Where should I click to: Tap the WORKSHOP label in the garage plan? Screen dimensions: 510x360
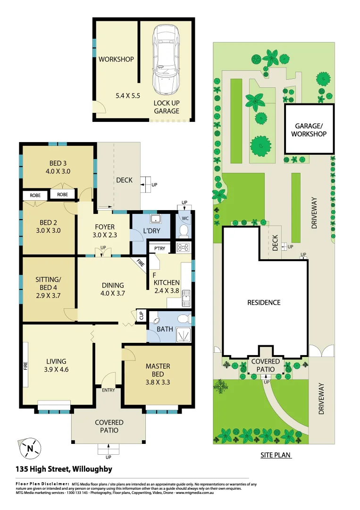[116, 59]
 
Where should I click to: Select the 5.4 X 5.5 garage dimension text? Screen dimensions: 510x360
[128, 95]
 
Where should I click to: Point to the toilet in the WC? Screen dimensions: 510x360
[185, 230]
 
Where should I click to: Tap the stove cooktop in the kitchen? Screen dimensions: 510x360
[183, 246]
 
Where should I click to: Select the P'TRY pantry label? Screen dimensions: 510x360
[156, 248]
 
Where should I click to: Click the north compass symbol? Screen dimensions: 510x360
[30, 448]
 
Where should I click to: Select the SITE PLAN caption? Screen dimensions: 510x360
[276, 455]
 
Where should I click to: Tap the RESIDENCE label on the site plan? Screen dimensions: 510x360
[264, 302]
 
